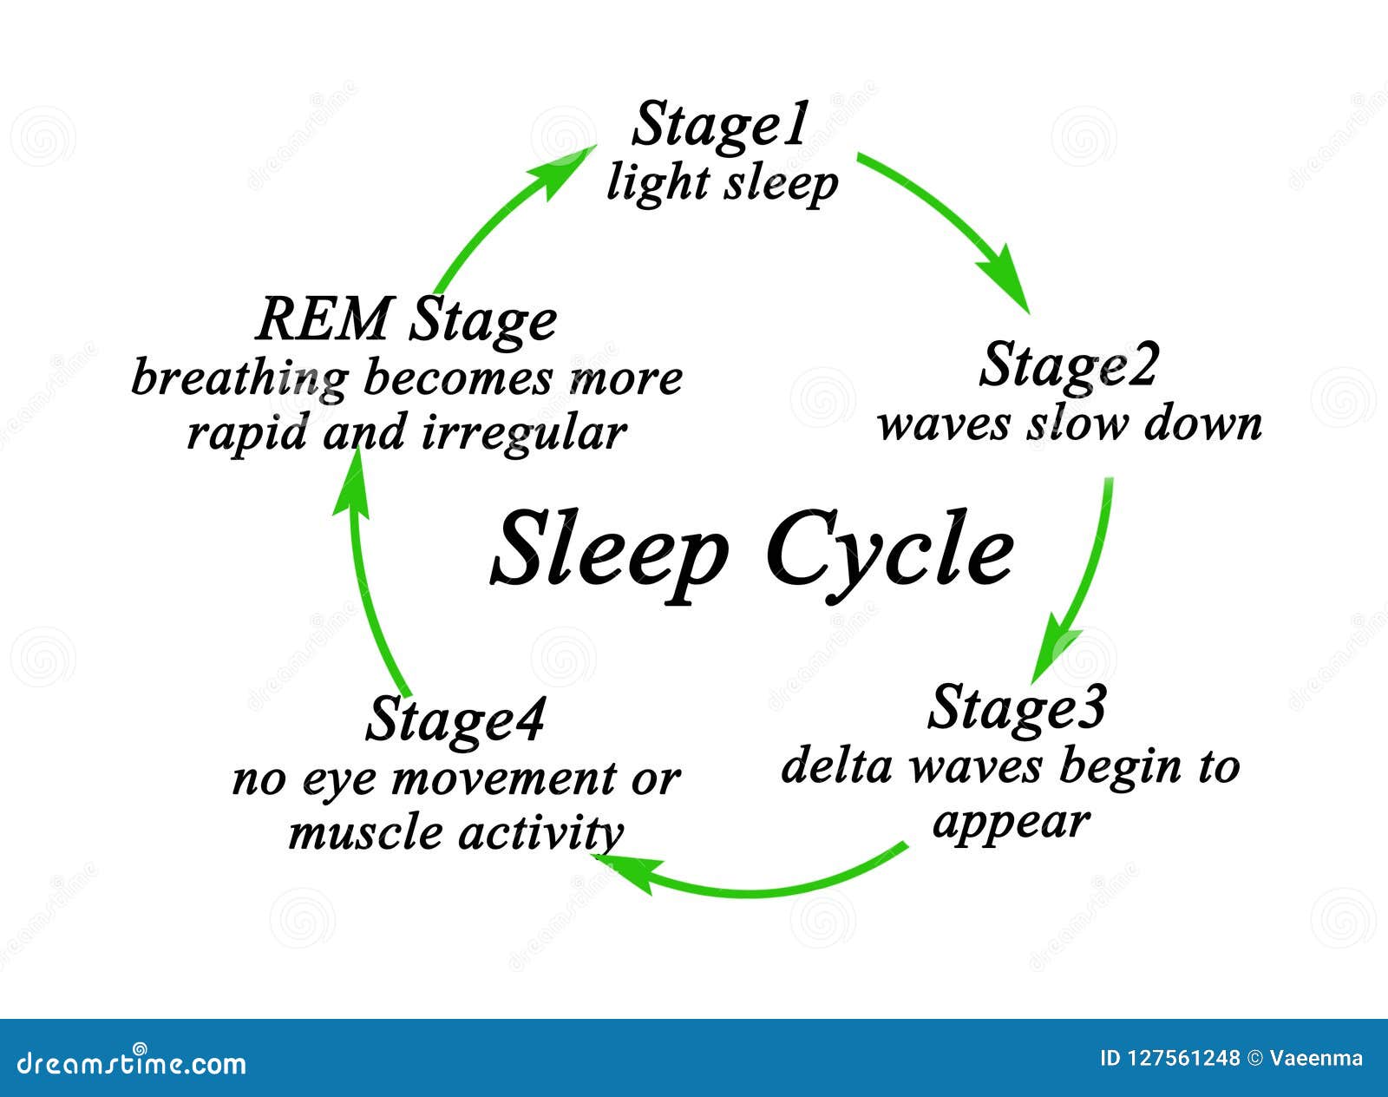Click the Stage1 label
(x=719, y=127)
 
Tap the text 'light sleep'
(x=722, y=183)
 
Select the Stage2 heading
(x=1068, y=366)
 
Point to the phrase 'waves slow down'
(x=1069, y=424)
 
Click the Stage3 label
(x=1017, y=708)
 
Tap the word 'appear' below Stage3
(x=1011, y=820)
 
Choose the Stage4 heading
(x=455, y=721)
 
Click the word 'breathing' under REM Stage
(x=239, y=379)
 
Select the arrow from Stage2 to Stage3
(x=1084, y=573)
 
